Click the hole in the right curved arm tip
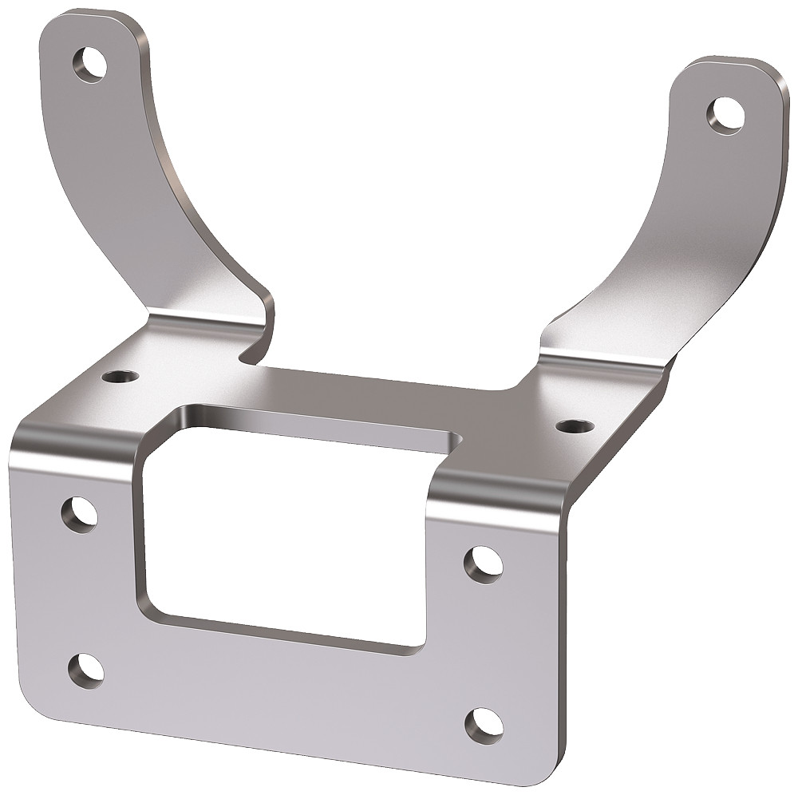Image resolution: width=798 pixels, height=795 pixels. tap(725, 113)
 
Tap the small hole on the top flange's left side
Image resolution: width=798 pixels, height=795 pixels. tap(122, 374)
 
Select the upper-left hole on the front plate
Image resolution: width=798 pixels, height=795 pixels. tap(80, 514)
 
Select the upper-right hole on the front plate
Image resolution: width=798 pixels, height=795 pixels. tap(484, 564)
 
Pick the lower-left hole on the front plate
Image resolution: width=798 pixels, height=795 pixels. tap(86, 670)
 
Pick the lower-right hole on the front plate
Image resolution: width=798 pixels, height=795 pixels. tap(484, 725)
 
